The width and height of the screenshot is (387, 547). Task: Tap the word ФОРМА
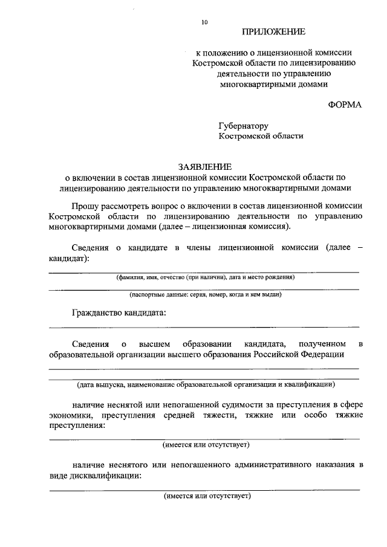tap(345, 104)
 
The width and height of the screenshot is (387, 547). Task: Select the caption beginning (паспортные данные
tap(205, 295)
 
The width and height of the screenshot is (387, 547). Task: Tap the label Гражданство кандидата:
tap(118, 312)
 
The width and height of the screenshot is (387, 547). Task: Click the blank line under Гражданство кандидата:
tap(204, 327)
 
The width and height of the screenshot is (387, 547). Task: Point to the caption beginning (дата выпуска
tap(205, 384)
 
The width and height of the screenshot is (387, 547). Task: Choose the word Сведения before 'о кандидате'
tap(90, 248)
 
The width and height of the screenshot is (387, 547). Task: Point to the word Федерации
tap(324, 354)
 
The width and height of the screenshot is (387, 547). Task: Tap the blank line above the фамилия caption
tap(204, 272)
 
